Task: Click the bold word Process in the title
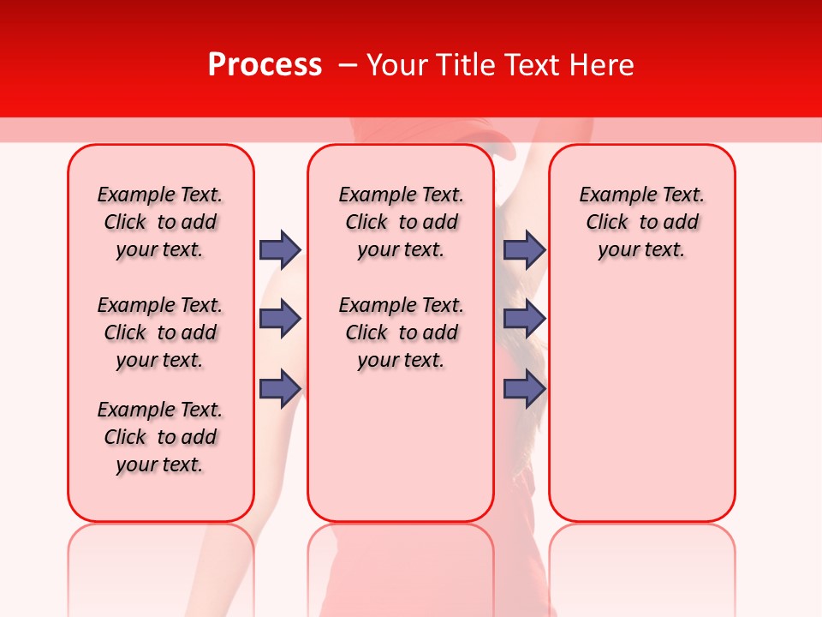tap(265, 65)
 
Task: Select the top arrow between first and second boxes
tap(280, 249)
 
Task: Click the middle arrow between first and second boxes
tap(280, 319)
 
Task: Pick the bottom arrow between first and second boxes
tap(280, 388)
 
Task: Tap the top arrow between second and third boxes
tap(524, 249)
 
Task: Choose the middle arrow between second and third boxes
tap(524, 319)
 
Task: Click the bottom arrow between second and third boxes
tap(524, 388)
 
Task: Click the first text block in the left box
tap(160, 222)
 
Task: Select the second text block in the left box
tap(160, 332)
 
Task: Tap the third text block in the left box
tap(160, 437)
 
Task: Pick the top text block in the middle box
tap(401, 222)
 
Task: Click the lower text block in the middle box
tap(401, 332)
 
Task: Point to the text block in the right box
tap(641, 222)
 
